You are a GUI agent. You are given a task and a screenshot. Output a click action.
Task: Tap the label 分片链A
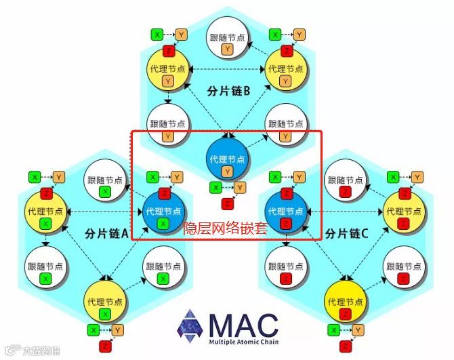[x=107, y=233]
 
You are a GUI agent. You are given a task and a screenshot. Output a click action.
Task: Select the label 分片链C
[x=347, y=233]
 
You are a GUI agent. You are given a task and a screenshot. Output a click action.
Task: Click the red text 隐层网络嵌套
[x=226, y=228]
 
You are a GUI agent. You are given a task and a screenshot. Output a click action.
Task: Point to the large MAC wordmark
[x=243, y=324]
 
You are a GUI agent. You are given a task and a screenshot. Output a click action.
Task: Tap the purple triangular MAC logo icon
[x=190, y=327]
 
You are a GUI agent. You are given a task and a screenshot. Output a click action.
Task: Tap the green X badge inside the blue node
[x=163, y=224]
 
